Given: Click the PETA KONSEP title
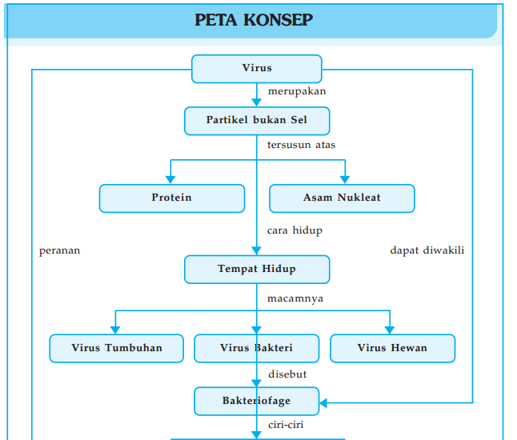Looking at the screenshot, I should click(254, 20).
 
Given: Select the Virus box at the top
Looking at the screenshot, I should click(257, 69).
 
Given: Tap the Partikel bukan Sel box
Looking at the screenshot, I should click(257, 120).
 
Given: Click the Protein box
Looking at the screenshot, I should click(172, 198).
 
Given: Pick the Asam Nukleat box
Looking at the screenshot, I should click(342, 198).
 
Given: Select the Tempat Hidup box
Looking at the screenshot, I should click(257, 269).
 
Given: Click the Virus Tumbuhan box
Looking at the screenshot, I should click(117, 348).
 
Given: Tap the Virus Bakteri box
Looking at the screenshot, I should click(256, 348).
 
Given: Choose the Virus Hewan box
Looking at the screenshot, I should click(392, 348).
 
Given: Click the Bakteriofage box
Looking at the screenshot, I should click(256, 401).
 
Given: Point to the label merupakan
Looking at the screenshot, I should click(297, 92).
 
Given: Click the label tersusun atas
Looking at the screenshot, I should click(301, 146).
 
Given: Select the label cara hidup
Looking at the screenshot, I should click(295, 231).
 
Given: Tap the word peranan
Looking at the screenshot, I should click(60, 250).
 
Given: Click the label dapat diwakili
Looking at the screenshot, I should click(427, 250).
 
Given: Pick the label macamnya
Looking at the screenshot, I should click(295, 299).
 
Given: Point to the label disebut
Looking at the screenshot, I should click(287, 374).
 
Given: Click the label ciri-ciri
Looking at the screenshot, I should click(286, 426).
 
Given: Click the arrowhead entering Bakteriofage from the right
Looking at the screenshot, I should click(325, 402).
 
